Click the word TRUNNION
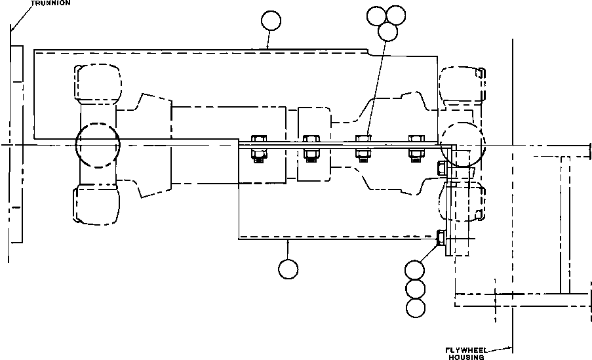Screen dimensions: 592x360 point(50,3)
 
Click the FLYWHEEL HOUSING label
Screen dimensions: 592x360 point(466,353)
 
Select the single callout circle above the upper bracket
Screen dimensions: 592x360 point(271,20)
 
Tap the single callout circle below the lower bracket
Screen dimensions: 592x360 point(288,269)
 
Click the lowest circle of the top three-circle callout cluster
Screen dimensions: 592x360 point(387,31)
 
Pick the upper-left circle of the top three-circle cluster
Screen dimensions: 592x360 point(377,16)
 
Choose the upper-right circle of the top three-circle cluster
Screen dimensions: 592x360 point(396,15)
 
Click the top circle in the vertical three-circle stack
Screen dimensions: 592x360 point(414,270)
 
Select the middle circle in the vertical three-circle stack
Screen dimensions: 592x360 point(415,289)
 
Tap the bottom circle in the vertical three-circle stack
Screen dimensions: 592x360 point(416,308)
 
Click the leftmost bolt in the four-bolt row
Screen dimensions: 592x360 point(258,148)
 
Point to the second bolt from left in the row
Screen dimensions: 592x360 point(311,148)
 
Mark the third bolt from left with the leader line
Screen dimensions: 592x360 point(363,148)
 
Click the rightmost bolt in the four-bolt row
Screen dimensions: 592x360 point(416,148)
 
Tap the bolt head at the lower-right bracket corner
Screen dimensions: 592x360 point(441,238)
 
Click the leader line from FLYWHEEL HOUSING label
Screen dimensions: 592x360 point(500,349)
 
